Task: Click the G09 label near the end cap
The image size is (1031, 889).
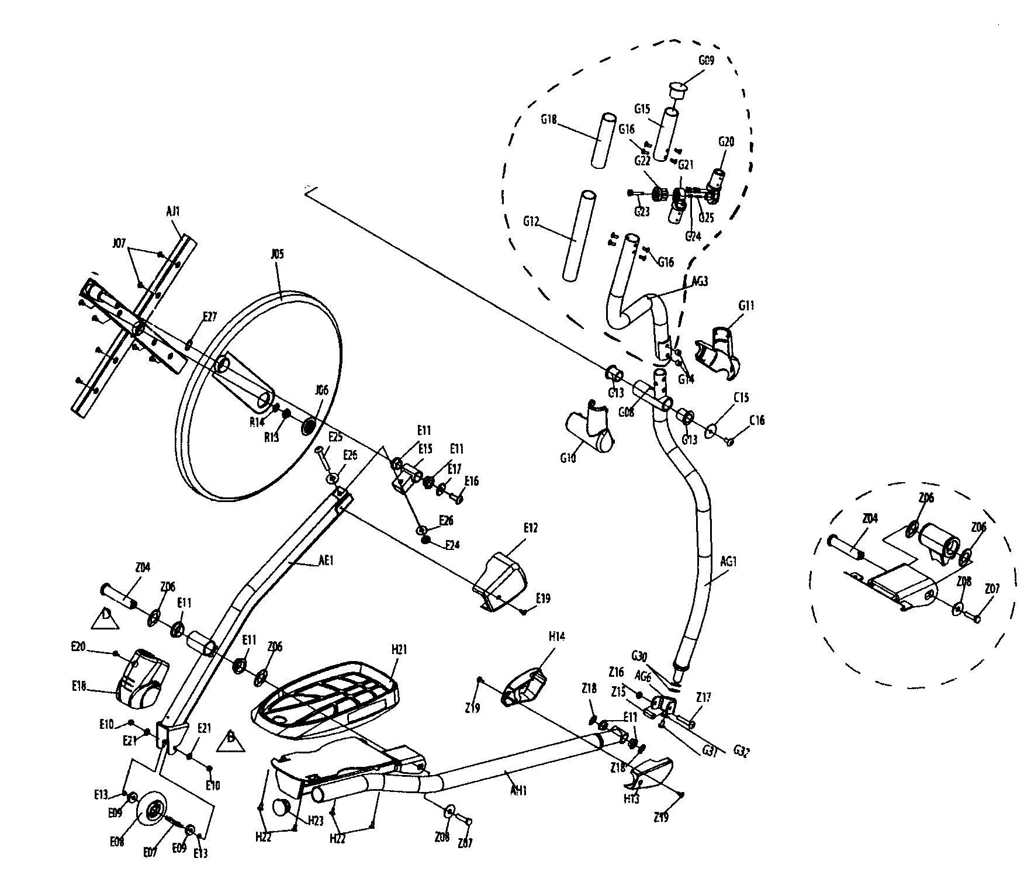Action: pyautogui.click(x=707, y=59)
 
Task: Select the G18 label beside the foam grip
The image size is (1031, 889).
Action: pyautogui.click(x=548, y=119)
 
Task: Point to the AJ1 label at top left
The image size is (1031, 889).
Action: pyautogui.click(x=173, y=212)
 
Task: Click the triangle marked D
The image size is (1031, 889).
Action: pyautogui.click(x=105, y=618)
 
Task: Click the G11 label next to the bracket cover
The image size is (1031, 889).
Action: pyautogui.click(x=746, y=306)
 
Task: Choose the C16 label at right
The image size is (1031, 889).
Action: pyautogui.click(x=756, y=420)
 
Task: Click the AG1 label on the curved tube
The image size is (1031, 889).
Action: pyautogui.click(x=728, y=562)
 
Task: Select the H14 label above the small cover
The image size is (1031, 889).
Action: pyautogui.click(x=557, y=636)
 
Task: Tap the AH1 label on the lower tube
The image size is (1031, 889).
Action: pyautogui.click(x=517, y=791)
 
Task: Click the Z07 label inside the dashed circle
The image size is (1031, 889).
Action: pyautogui.click(x=992, y=589)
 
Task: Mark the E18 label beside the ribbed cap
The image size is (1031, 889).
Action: pyautogui.click(x=78, y=687)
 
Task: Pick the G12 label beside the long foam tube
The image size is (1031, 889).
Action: pyautogui.click(x=531, y=222)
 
